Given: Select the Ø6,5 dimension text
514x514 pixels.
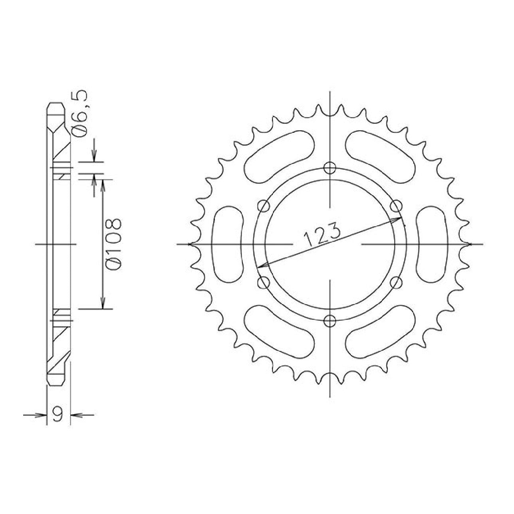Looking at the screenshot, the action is [x=79, y=114].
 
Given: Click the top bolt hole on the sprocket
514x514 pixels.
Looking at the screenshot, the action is [x=330, y=168].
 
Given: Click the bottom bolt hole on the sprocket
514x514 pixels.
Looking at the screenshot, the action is [x=330, y=321].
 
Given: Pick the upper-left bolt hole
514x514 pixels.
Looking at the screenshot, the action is [x=264, y=206].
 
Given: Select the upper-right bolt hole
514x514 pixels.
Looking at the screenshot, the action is [x=396, y=206].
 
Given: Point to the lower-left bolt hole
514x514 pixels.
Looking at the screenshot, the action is [x=264, y=282].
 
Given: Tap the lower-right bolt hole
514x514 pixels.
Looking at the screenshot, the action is [x=396, y=282].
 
